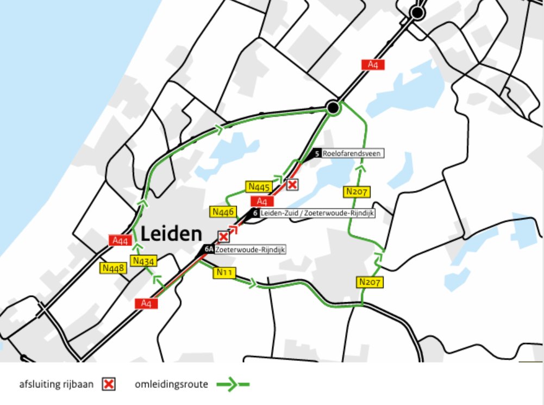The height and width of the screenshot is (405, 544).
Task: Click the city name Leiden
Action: [171, 234]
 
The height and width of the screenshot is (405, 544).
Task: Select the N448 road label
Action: [112, 267]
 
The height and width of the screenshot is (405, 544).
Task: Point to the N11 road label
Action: [226, 272]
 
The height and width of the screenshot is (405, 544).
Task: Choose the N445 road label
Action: [259, 187]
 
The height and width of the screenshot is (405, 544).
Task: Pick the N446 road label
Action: [223, 211]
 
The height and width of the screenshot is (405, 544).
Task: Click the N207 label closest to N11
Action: [370, 282]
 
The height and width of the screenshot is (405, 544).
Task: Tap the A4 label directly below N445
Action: [262, 201]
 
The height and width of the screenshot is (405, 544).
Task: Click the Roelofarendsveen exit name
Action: [353, 154]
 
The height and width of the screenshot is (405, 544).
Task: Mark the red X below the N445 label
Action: [292, 185]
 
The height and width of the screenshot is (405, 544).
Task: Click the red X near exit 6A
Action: [223, 236]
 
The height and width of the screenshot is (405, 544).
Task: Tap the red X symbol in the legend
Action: [109, 384]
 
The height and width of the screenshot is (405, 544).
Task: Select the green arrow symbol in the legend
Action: [233, 384]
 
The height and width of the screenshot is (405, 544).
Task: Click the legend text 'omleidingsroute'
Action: [171, 384]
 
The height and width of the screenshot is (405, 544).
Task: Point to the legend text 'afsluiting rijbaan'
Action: [56, 384]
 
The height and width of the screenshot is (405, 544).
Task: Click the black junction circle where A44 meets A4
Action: [334, 108]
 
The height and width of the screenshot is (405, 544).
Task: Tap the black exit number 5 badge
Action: [316, 154]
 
